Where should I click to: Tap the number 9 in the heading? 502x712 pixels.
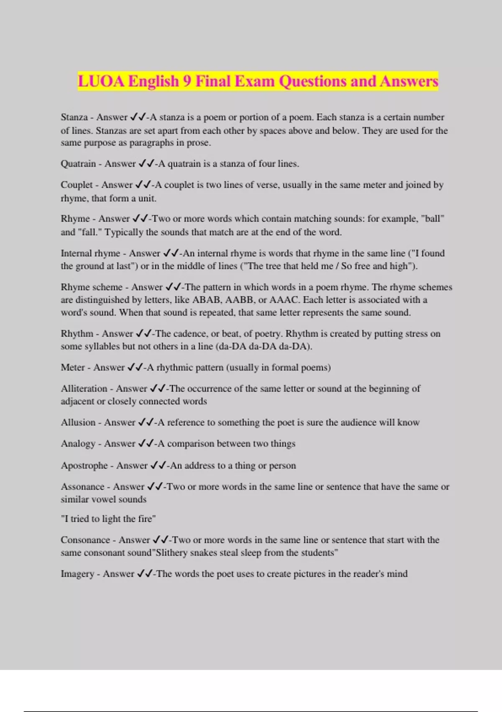(x=187, y=81)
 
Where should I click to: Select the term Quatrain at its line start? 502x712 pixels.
(x=78, y=164)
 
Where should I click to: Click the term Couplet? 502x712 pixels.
(x=77, y=185)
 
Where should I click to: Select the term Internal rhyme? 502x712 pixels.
(x=90, y=253)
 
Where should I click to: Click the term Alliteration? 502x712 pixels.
(x=84, y=389)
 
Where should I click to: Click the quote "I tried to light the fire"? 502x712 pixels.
(x=108, y=519)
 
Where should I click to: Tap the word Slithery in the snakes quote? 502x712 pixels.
(x=172, y=553)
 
